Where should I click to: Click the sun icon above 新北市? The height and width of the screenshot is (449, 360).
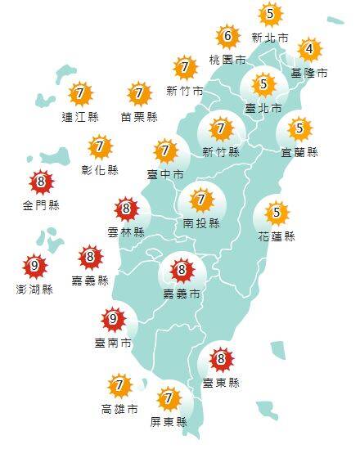[x=270, y=14]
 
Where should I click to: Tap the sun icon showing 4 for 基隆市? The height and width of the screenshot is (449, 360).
[x=308, y=50]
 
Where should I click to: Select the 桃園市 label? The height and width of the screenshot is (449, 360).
[x=227, y=60]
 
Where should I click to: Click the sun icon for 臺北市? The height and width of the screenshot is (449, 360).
[x=263, y=83]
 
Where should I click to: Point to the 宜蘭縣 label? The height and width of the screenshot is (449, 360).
[x=302, y=151]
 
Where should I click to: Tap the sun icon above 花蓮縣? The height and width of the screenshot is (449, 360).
[x=277, y=213]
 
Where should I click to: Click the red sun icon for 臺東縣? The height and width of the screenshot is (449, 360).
[x=219, y=358]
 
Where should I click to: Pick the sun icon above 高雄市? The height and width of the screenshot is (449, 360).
[x=120, y=385]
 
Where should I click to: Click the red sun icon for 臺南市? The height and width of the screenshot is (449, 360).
[x=114, y=319]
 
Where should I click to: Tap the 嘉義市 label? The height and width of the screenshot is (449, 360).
[x=181, y=292]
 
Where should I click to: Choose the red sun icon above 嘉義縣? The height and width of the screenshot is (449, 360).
[x=90, y=258]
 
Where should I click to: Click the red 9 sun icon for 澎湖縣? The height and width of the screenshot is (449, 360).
[x=35, y=266]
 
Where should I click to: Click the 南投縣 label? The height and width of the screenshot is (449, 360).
[x=201, y=222]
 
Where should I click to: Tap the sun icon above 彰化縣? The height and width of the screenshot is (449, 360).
[x=101, y=148]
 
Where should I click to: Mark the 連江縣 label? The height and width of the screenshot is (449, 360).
[x=79, y=117]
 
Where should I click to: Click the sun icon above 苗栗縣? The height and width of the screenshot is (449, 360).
[x=140, y=93]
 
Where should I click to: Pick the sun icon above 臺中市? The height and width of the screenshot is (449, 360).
[x=166, y=150]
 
